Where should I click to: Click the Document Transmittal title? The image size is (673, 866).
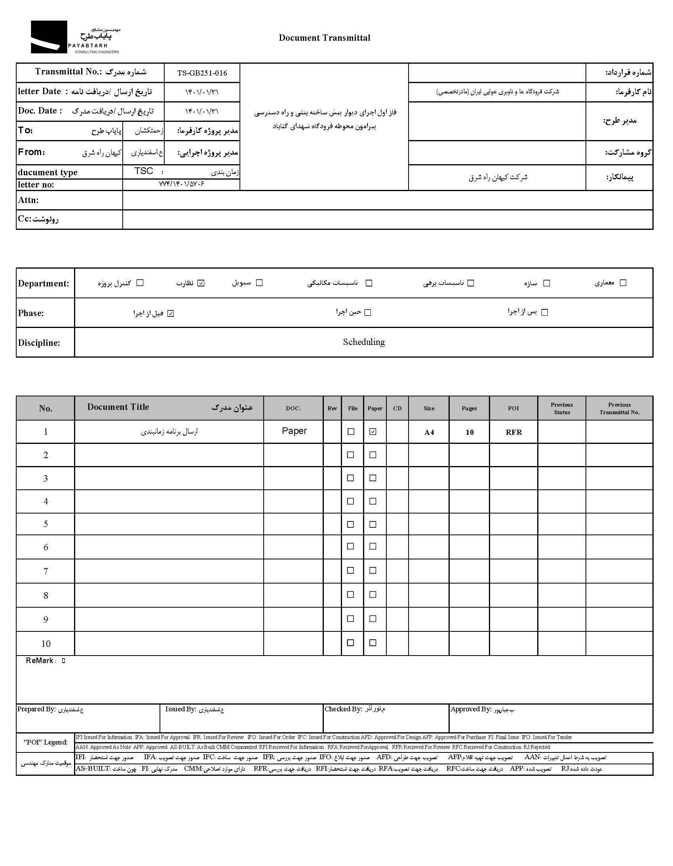click(x=324, y=38)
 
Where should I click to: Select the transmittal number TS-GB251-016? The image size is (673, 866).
click(x=202, y=73)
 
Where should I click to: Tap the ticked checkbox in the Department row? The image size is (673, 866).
click(x=201, y=283)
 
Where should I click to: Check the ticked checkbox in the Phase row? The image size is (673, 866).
click(x=171, y=314)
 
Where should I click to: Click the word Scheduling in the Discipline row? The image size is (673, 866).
click(x=363, y=342)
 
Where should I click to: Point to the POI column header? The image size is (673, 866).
click(x=513, y=408)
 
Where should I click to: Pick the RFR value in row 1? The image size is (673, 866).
click(x=513, y=432)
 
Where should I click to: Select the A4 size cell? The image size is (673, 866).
click(x=429, y=432)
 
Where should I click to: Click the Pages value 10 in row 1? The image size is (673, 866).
click(x=470, y=432)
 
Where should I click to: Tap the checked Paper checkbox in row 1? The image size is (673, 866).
click(x=373, y=432)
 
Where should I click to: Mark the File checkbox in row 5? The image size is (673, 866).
click(x=350, y=524)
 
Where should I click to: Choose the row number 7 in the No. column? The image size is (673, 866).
click(x=46, y=571)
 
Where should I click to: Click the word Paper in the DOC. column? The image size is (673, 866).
click(x=294, y=431)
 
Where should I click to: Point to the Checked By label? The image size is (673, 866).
click(x=343, y=709)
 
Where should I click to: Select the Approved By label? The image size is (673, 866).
click(x=471, y=709)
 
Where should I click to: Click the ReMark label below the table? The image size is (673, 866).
click(x=40, y=660)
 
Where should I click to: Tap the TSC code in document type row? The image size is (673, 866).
click(x=144, y=171)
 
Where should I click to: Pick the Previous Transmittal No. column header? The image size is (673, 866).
click(x=619, y=408)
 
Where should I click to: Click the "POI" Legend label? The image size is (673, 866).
click(x=45, y=742)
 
